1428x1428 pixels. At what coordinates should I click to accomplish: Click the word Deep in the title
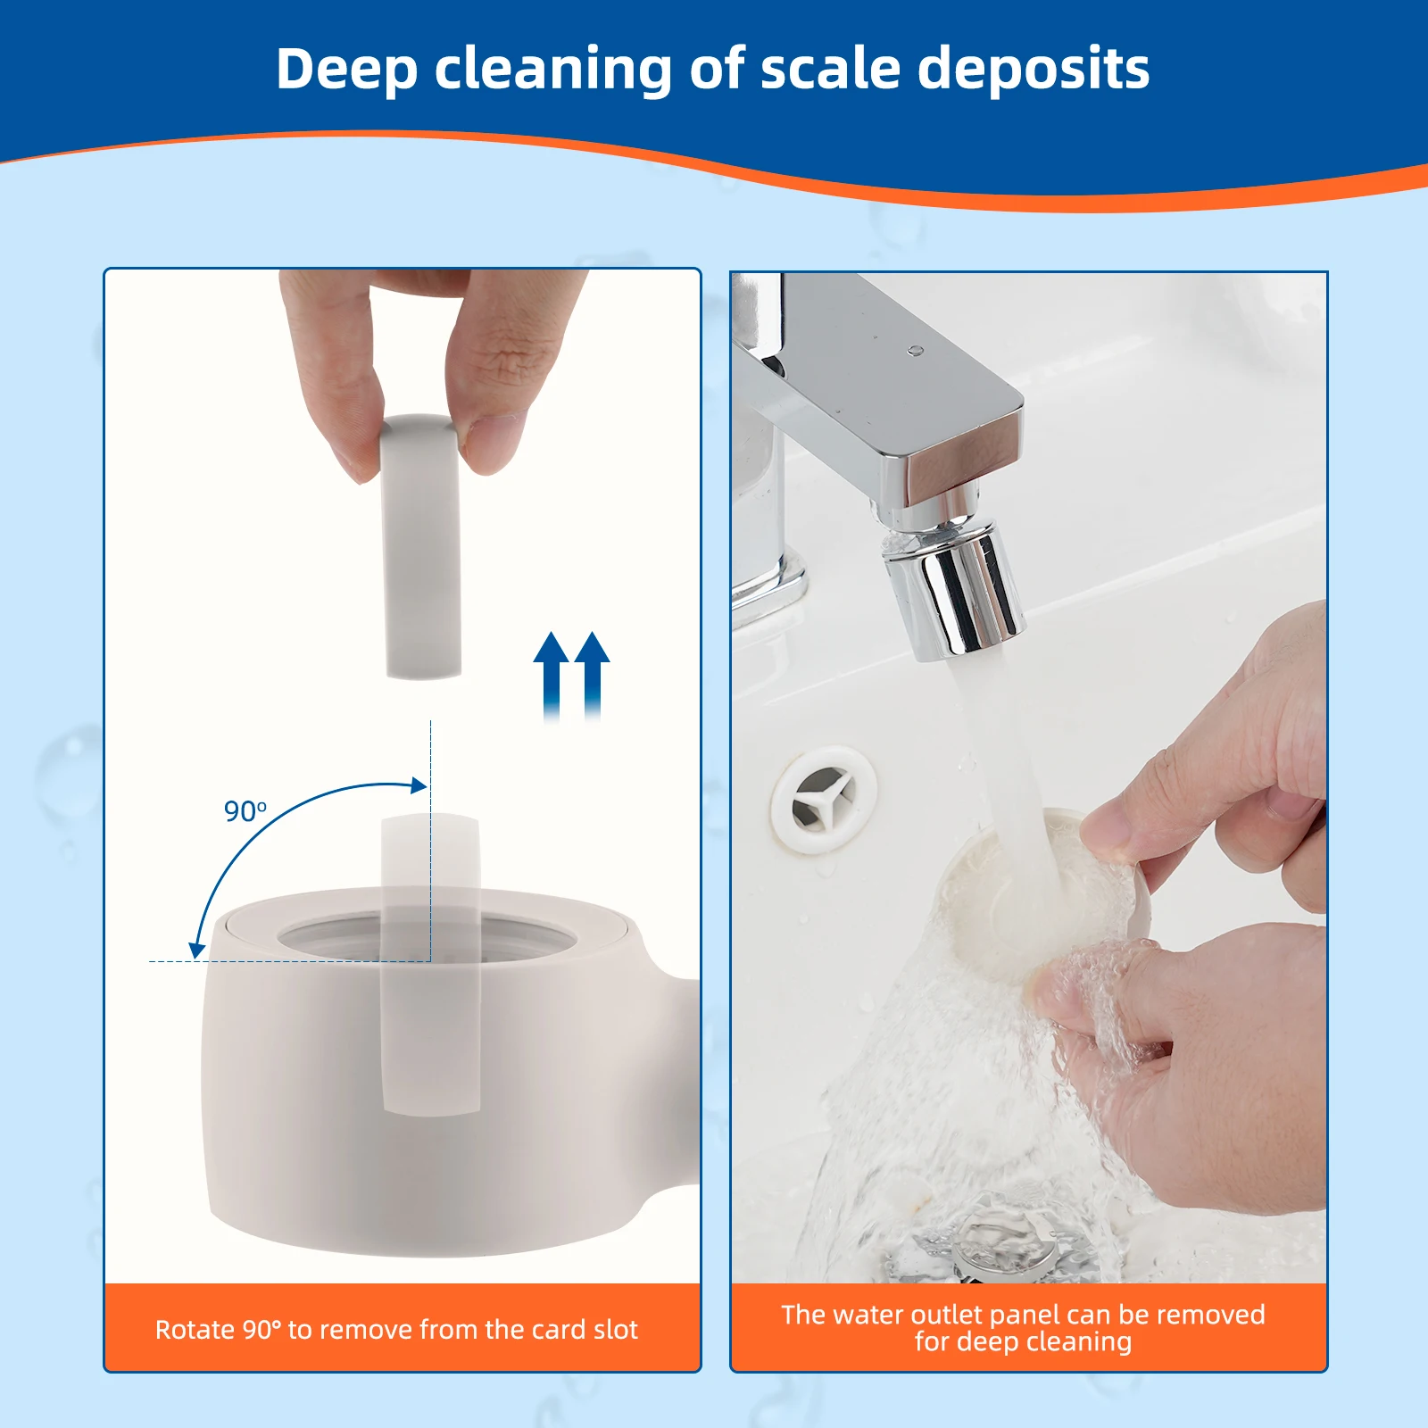click(346, 70)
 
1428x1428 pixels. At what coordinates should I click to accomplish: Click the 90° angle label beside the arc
click(245, 811)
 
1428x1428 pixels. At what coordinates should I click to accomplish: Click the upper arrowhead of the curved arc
click(418, 785)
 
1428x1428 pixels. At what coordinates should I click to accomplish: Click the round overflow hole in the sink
click(823, 800)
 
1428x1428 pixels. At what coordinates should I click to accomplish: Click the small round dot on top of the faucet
click(914, 351)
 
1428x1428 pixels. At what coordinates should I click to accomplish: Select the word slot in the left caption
click(615, 1330)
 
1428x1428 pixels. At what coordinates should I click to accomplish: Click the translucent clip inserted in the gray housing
click(431, 964)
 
